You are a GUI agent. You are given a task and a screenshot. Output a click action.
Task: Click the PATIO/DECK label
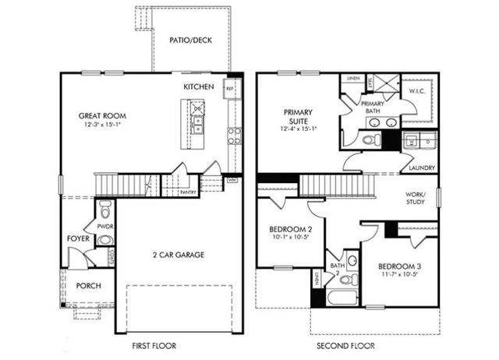(x=190, y=41)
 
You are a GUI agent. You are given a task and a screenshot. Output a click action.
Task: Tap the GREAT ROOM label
(x=101, y=116)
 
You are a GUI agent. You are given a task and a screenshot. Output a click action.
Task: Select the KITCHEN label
(x=199, y=86)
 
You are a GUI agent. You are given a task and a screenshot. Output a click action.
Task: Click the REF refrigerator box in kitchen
(x=231, y=88)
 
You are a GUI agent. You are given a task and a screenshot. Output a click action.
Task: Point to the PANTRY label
(x=188, y=191)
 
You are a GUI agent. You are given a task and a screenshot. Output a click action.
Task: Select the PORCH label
(x=88, y=286)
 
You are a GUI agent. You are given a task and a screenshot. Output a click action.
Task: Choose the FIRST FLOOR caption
(x=153, y=345)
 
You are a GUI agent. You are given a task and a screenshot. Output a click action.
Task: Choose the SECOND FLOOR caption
(x=345, y=345)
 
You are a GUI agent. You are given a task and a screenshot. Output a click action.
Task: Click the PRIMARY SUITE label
(x=298, y=116)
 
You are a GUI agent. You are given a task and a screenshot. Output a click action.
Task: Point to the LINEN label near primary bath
(x=353, y=79)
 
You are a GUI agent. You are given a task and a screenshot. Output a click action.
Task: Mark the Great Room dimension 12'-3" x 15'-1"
(x=101, y=125)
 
